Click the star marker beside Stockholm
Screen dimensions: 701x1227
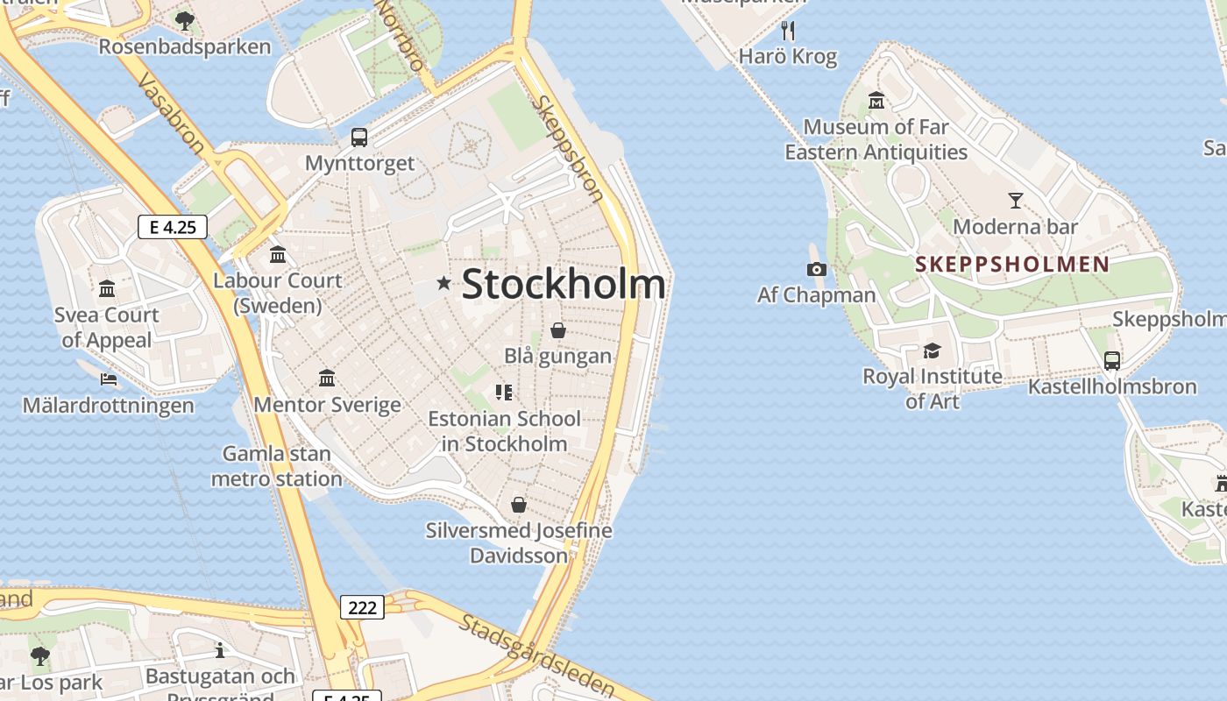click(444, 283)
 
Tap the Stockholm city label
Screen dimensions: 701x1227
click(563, 284)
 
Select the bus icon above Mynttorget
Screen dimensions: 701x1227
click(359, 137)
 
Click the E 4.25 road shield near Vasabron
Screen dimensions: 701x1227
click(173, 227)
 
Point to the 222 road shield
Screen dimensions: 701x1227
click(362, 606)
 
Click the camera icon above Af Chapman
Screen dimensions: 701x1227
click(817, 269)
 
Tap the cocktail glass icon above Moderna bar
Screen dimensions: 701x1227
click(1015, 200)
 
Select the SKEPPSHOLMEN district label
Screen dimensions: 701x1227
click(1012, 264)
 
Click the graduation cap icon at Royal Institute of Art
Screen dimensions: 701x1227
click(932, 351)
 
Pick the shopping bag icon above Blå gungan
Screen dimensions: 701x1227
click(557, 330)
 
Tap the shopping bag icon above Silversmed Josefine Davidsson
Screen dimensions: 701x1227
click(519, 505)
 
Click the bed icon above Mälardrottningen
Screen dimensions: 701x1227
click(109, 379)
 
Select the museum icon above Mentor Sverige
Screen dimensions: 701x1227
click(327, 378)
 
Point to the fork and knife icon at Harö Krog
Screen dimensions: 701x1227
click(788, 31)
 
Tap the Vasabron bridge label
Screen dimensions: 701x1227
click(172, 115)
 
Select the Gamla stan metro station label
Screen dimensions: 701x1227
click(276, 466)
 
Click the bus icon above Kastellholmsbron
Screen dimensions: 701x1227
click(1112, 360)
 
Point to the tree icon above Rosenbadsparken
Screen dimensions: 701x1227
click(184, 20)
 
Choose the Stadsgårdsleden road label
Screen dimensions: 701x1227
click(535, 653)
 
